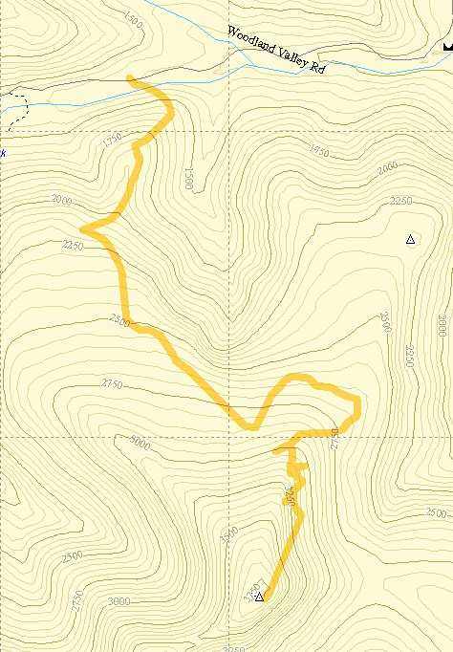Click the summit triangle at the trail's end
click(259, 597)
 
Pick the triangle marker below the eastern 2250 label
click(410, 239)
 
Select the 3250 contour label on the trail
click(290, 496)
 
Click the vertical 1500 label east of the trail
click(189, 178)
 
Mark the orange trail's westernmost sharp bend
click(83, 229)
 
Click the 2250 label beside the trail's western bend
click(73, 246)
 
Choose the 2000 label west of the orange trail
click(62, 201)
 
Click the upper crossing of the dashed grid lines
click(230, 131)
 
